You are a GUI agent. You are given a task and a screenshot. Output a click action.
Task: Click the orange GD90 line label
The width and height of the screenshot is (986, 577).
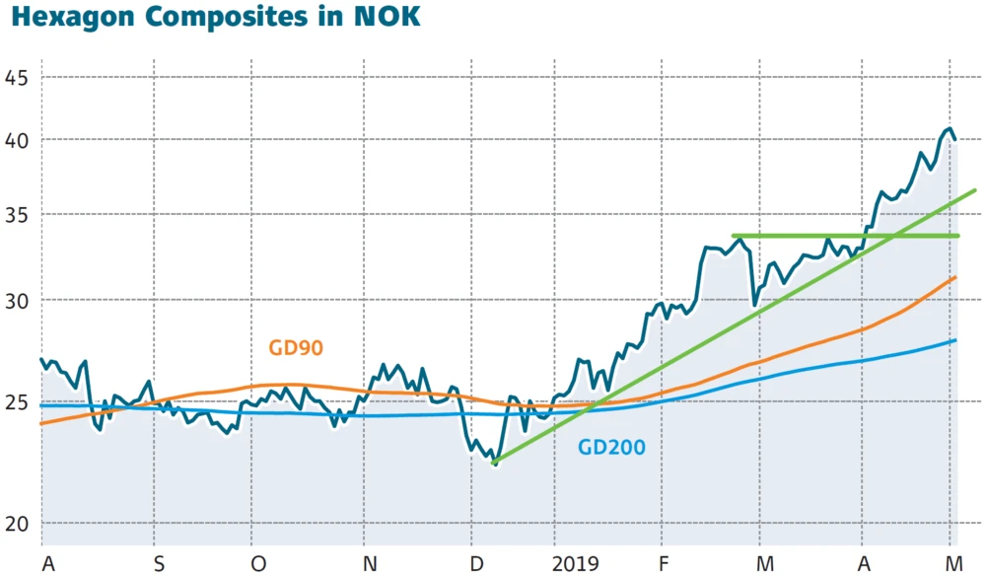click(x=296, y=347)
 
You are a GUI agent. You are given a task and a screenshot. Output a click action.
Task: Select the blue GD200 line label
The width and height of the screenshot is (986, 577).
click(x=611, y=448)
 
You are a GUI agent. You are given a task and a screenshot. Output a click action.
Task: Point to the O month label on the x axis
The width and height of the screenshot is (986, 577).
click(x=258, y=563)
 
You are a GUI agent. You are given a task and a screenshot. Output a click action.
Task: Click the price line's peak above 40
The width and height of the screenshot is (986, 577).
click(x=948, y=129)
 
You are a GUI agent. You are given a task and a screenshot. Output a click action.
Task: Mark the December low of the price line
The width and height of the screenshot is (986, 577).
click(x=495, y=464)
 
